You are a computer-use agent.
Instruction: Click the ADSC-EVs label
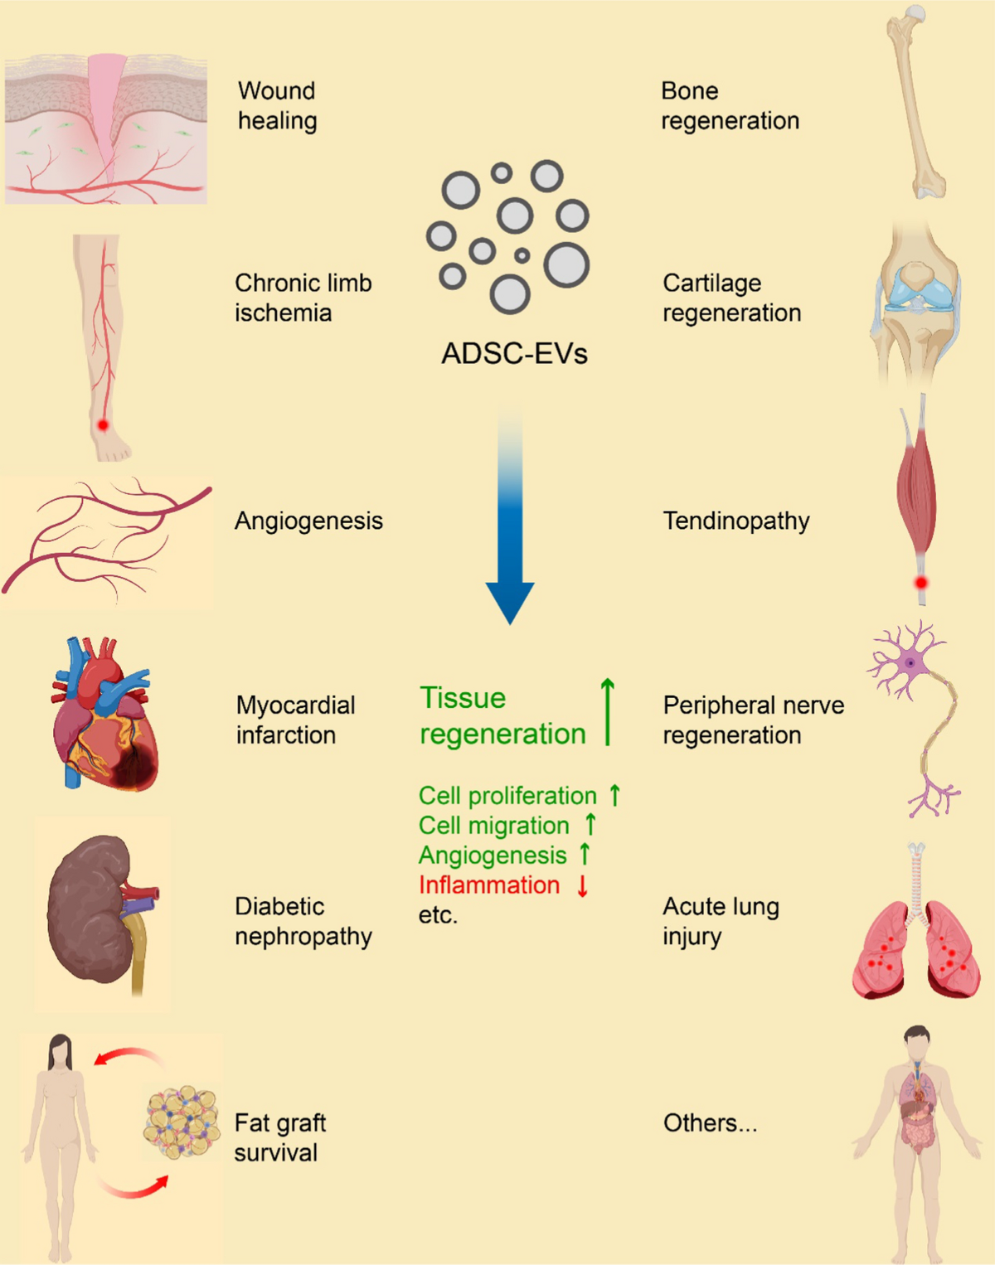click(515, 354)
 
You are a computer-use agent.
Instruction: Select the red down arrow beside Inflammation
click(582, 885)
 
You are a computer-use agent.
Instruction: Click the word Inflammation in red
click(489, 885)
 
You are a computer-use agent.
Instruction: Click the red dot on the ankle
click(103, 424)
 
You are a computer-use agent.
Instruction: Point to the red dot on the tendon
click(921, 583)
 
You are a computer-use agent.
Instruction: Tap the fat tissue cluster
click(182, 1122)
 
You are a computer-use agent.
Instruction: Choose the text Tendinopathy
click(736, 521)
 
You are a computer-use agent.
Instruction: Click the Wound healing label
click(278, 106)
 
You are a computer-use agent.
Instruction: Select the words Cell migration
click(494, 826)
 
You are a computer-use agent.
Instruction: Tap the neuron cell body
click(910, 662)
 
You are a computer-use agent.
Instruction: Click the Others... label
click(711, 1123)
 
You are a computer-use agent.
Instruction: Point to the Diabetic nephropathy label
click(303, 921)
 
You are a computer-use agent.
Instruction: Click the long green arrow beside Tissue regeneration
click(608, 712)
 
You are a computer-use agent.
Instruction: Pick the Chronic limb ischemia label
click(303, 298)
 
